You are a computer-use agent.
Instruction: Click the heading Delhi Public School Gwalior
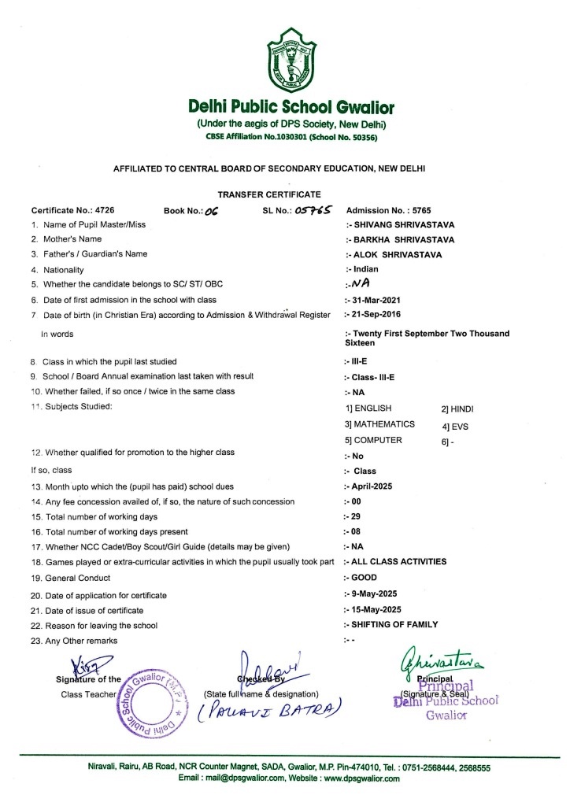click(284, 106)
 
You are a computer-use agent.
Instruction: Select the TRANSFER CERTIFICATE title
click(284, 194)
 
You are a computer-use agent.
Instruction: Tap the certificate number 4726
click(103, 210)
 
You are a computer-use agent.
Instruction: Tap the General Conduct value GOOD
click(365, 577)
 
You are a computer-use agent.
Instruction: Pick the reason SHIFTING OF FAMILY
click(394, 624)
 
